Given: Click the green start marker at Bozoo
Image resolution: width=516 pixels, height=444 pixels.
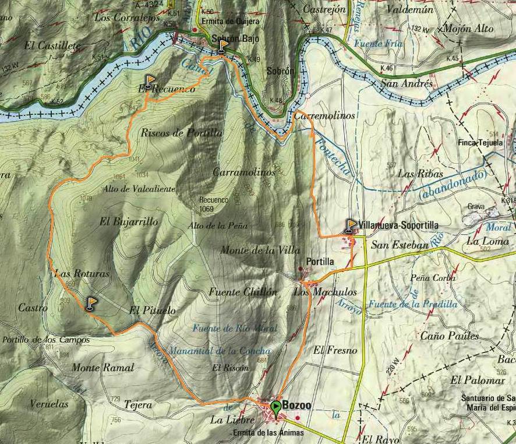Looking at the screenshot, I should (x=275, y=406).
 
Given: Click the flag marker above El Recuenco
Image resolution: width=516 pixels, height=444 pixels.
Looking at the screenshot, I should (x=150, y=82).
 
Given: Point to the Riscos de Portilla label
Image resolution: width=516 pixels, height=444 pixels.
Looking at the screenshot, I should (x=181, y=133).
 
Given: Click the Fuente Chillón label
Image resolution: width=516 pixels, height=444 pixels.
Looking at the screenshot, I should (x=243, y=293).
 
